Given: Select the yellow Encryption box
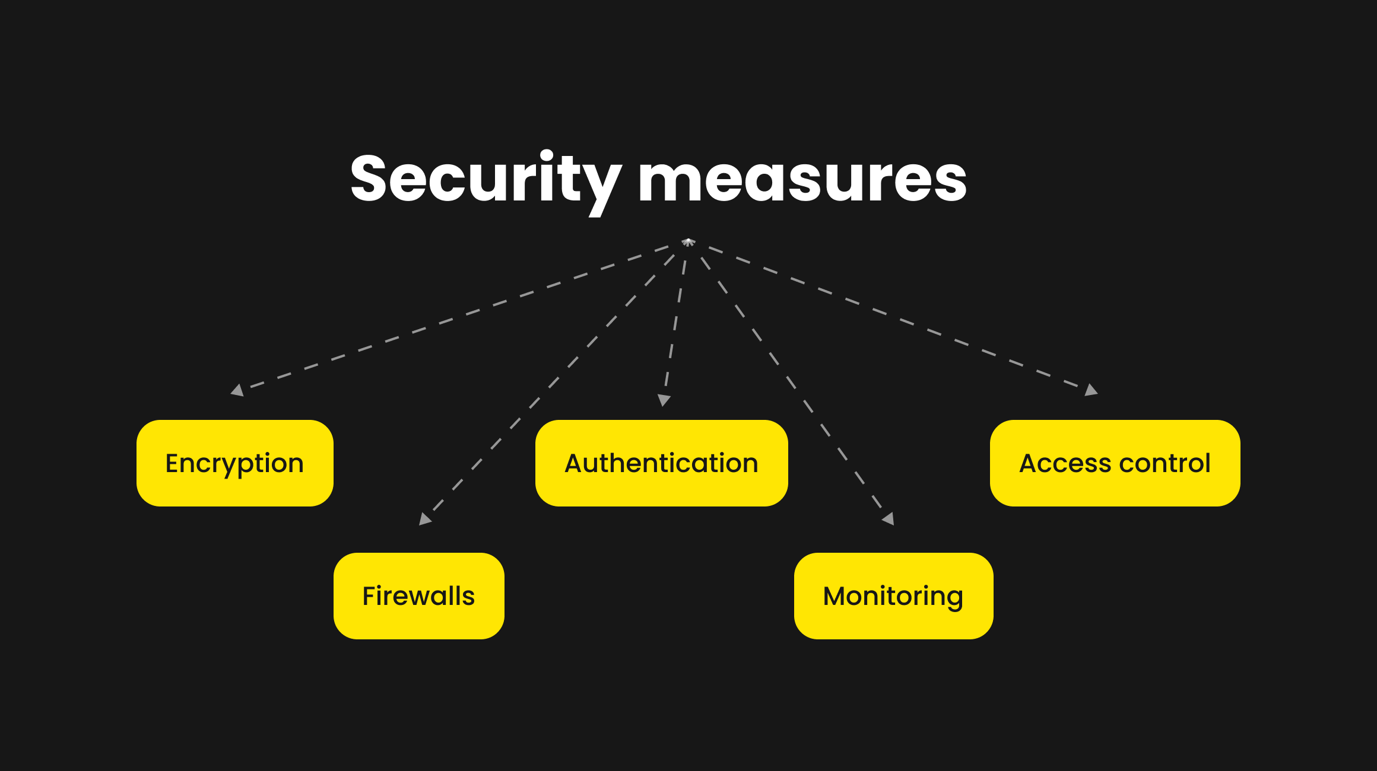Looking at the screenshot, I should point(235,463).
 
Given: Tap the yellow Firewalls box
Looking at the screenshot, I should point(419,596).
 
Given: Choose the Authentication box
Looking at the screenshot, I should point(661,463).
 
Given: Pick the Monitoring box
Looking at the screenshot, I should point(893,596).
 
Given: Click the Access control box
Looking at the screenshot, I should point(1115,463).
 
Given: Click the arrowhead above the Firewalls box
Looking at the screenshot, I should point(425,519).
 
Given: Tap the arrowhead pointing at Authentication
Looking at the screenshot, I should point(664,400).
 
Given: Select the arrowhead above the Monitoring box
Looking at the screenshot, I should point(889,519).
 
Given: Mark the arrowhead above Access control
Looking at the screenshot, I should point(1091,390).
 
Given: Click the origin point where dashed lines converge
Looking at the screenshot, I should point(688,241).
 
